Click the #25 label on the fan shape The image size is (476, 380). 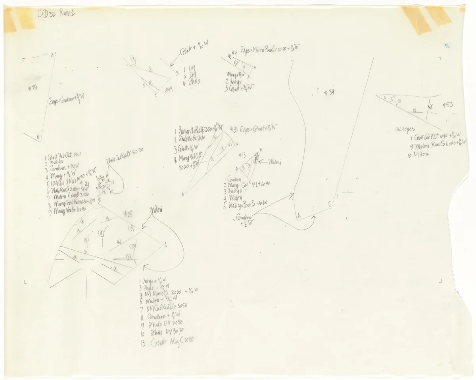tap(128, 214)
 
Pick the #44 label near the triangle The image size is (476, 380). tap(168, 89)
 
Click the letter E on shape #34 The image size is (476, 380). tap(330, 204)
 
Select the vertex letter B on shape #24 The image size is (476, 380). tap(38, 137)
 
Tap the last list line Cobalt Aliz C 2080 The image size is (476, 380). tap(168, 343)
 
